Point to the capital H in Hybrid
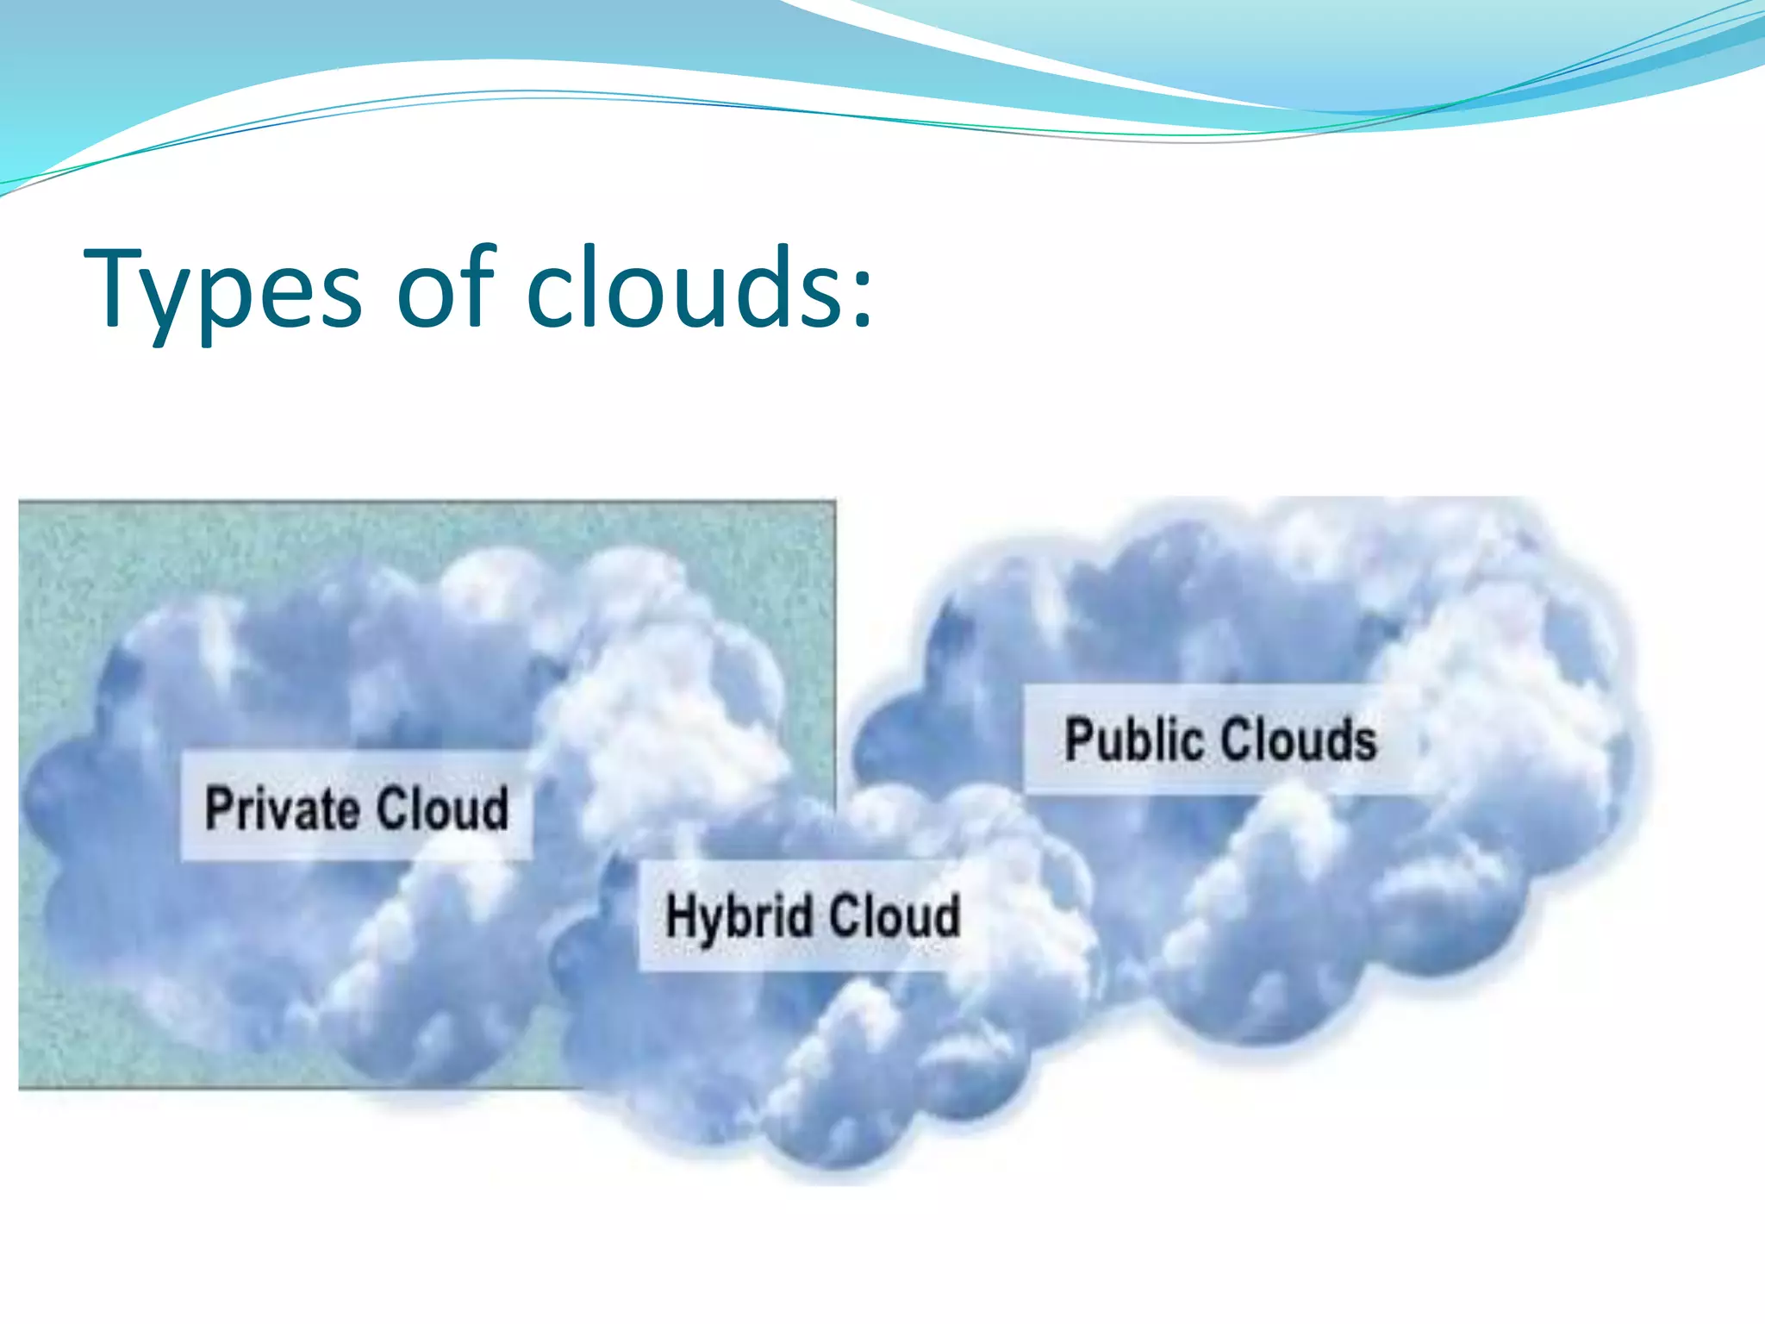click(681, 915)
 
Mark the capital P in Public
click(1079, 740)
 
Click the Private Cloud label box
click(356, 806)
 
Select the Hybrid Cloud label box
click(810, 915)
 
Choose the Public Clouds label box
click(1220, 739)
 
